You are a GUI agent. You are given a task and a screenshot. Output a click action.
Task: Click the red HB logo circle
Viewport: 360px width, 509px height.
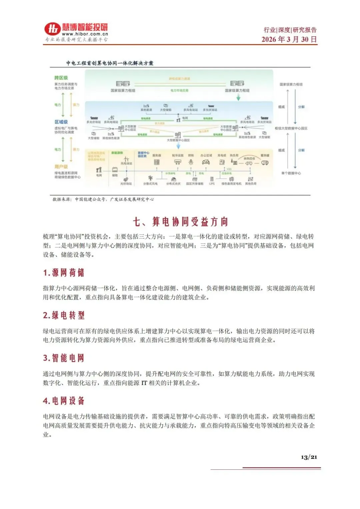coord(52,29)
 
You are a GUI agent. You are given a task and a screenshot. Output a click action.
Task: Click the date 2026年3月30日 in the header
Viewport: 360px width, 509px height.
coord(289,39)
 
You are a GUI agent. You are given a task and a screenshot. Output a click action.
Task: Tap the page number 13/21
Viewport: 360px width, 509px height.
coord(309,457)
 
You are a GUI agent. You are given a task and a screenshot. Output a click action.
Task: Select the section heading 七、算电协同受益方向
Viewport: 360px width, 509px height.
coord(180,222)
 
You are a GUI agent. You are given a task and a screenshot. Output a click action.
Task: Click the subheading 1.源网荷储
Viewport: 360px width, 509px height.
coord(63,273)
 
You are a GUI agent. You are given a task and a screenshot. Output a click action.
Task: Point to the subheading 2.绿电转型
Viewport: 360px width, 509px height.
coord(63,315)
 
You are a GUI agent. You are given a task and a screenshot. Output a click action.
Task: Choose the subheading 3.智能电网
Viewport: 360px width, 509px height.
coord(63,358)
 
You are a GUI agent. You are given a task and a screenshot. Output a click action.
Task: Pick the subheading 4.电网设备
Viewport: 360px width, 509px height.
coord(63,401)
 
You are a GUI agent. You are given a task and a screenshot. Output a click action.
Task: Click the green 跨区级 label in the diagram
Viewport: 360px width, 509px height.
coord(61,78)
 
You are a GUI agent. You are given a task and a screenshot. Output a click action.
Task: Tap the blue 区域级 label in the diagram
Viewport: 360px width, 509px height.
coord(61,122)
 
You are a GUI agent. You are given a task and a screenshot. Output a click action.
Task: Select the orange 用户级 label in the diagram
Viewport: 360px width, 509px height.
coord(61,166)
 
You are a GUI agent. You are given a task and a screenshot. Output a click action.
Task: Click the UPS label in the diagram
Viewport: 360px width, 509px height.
coord(212,184)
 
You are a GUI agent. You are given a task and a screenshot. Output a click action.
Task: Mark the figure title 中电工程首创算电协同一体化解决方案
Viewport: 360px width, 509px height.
coord(110,63)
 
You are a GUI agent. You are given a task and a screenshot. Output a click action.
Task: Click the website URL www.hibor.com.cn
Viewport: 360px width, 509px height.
coord(85,34)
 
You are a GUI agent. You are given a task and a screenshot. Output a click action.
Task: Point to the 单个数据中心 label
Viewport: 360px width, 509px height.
coord(291,173)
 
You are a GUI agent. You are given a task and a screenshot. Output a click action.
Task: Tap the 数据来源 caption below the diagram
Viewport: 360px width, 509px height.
coord(103,199)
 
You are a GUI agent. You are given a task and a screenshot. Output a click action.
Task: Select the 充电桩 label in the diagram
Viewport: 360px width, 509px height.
coord(222,156)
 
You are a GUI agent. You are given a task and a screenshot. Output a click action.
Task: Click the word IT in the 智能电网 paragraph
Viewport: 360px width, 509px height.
coord(144,383)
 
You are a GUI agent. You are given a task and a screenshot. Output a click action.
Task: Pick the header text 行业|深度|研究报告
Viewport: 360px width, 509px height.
coord(290,30)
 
